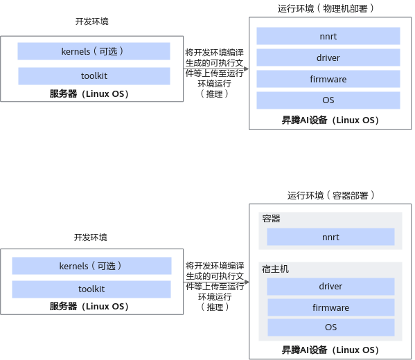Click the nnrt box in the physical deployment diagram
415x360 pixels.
pos(328,36)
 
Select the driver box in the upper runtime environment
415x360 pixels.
pos(328,57)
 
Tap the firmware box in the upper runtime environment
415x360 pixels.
pos(328,79)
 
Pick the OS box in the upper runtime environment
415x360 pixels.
pos(328,100)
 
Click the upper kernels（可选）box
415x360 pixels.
pos(94,51)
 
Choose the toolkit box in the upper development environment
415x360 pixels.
pos(94,76)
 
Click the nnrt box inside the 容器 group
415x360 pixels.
pos(330,237)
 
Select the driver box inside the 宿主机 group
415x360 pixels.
pos(330,286)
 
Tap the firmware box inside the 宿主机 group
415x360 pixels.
pos(331,307)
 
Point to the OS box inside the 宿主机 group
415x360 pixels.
pos(331,327)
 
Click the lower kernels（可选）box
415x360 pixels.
pos(91,266)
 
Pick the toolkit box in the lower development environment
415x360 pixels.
pos(91,289)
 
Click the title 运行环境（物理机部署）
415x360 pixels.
pos(326,8)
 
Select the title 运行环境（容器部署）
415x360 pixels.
pos(330,195)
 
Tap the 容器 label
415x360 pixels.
pos(271,219)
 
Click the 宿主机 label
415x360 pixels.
pos(275,269)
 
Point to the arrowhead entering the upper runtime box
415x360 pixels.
pos(247,69)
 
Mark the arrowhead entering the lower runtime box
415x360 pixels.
pos(247,282)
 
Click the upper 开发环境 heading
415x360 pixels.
pos(92,21)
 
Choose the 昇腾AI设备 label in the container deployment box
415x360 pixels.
pos(304,350)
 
